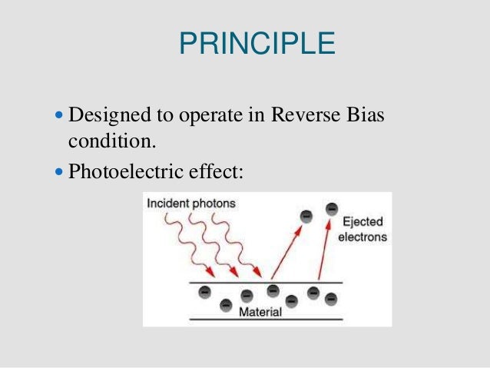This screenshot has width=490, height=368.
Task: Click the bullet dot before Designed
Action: click(x=61, y=116)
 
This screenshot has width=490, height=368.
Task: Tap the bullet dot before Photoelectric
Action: click(x=61, y=169)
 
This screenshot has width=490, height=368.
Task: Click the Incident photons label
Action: click(x=189, y=204)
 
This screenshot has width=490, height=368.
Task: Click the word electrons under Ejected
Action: click(x=363, y=237)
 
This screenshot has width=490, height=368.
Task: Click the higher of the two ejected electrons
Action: click(x=331, y=207)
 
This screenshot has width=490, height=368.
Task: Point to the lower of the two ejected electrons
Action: click(x=306, y=216)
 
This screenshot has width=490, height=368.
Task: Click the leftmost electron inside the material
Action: click(x=204, y=292)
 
